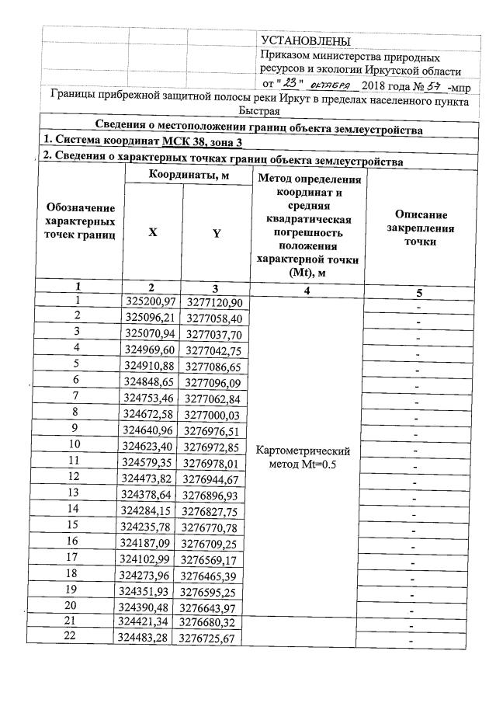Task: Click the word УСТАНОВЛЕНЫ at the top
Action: click(x=306, y=41)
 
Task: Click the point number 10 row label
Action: click(x=75, y=444)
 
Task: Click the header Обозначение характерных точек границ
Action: click(x=81, y=221)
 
